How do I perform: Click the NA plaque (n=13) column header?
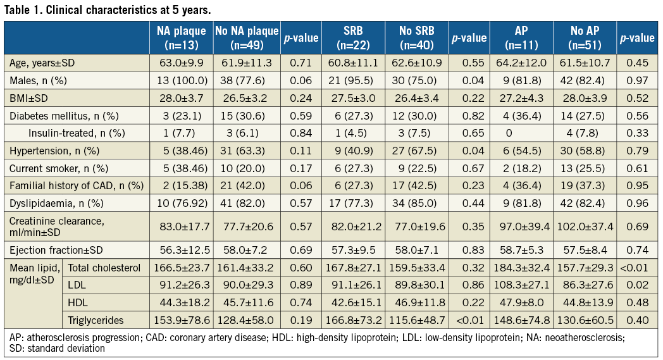pos(181,38)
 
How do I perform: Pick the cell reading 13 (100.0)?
pos(181,80)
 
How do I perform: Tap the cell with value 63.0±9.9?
pos(181,63)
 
